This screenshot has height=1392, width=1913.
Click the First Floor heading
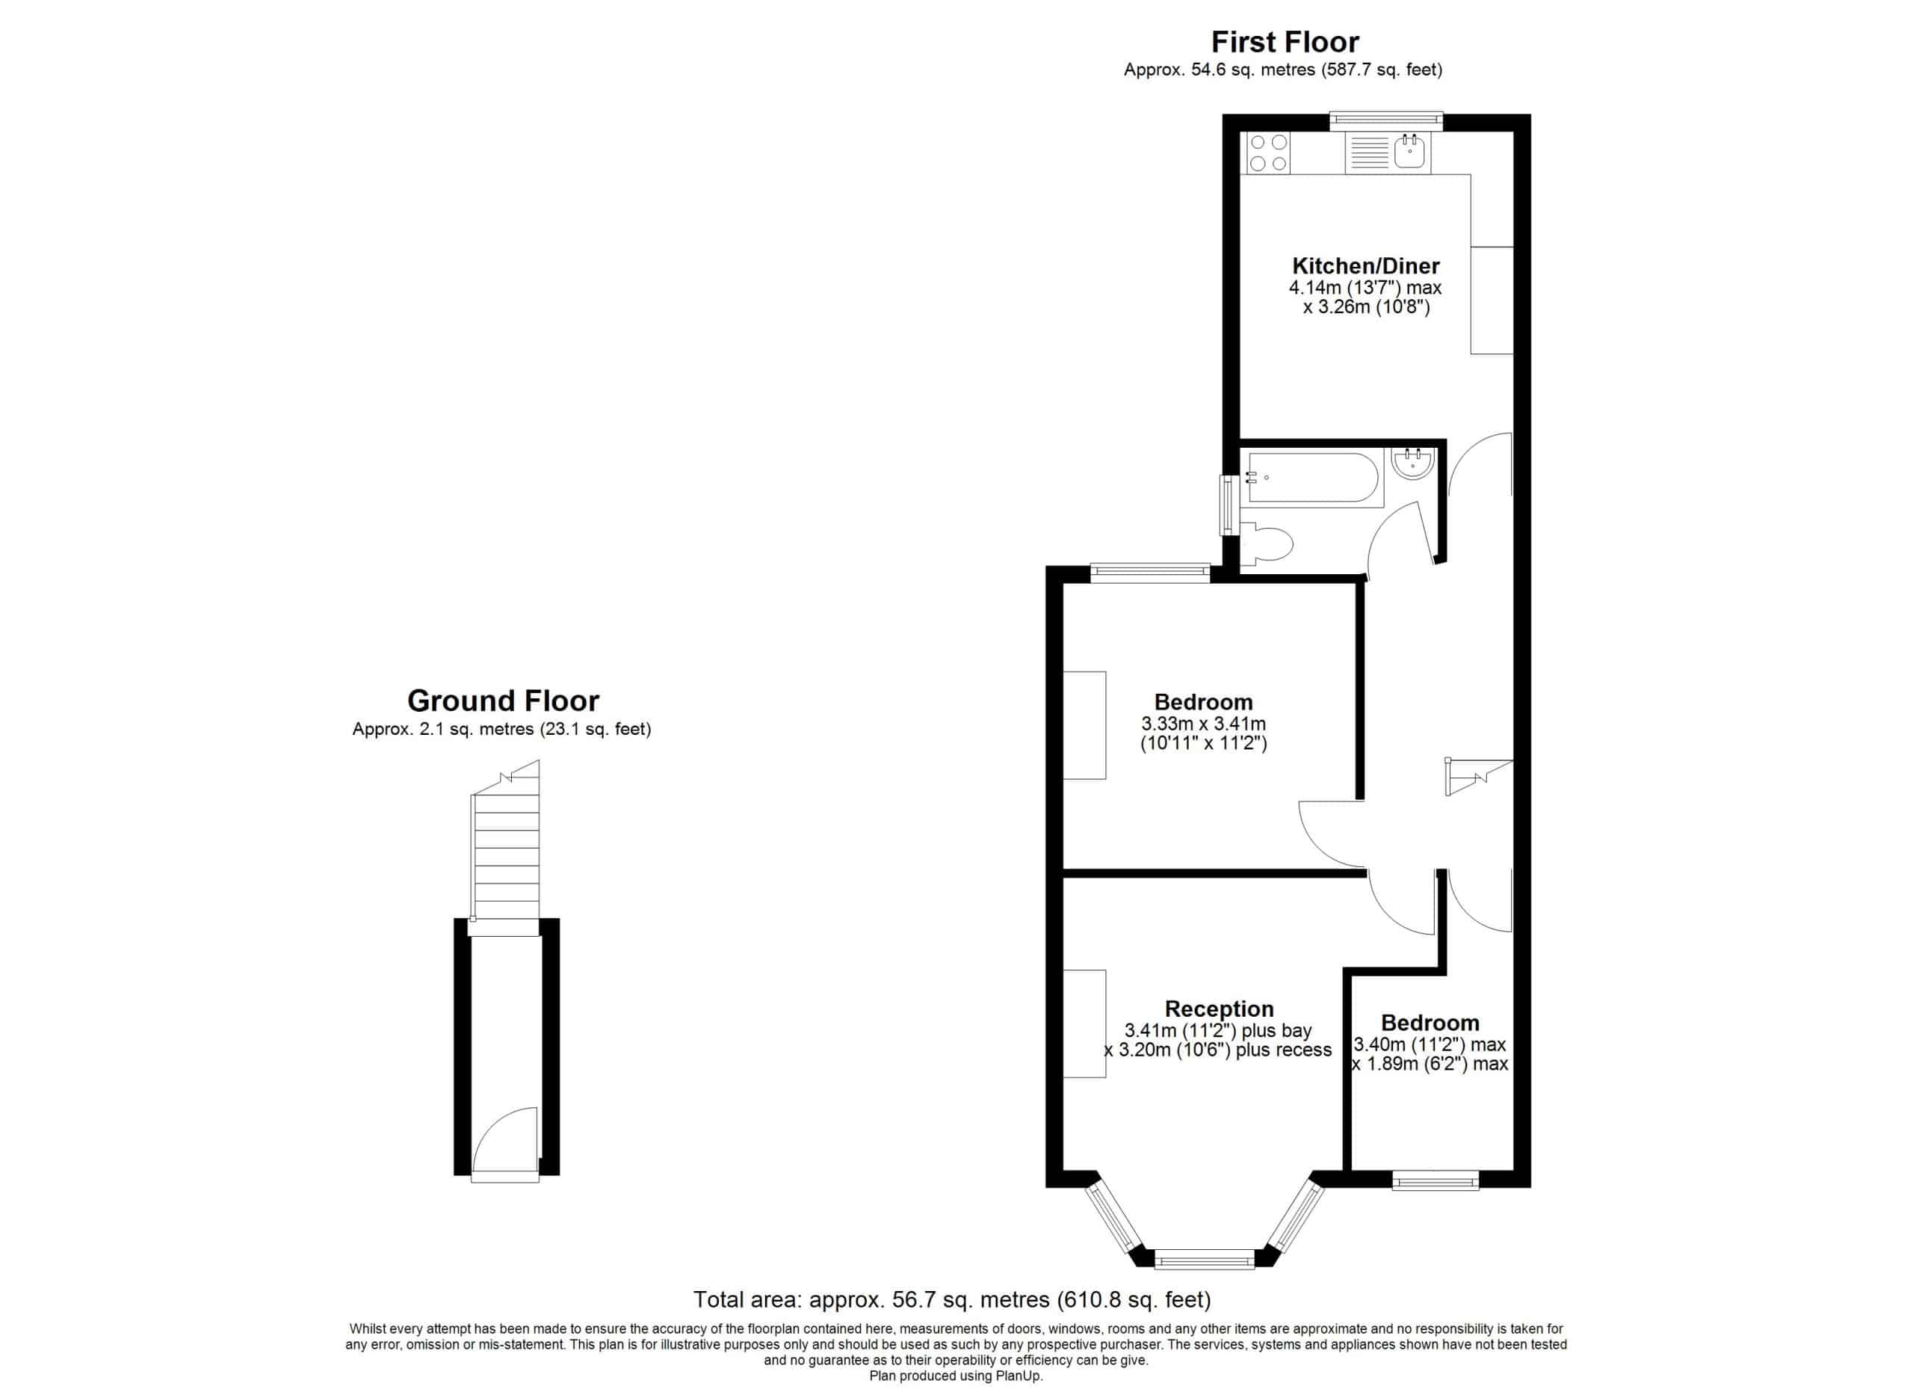pyautogui.click(x=1285, y=42)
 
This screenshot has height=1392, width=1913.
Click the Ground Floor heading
pyautogui.click(x=503, y=701)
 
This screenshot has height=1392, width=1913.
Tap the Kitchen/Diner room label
pyautogui.click(x=1365, y=265)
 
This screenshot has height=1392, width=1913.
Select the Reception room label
pyautogui.click(x=1219, y=1009)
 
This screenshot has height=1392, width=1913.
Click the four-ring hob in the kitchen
pyautogui.click(x=1268, y=153)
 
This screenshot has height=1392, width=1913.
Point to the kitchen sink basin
pyautogui.click(x=1409, y=153)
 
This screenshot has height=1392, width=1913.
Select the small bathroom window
pyautogui.click(x=1231, y=505)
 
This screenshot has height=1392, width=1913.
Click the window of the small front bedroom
pyautogui.click(x=1435, y=1180)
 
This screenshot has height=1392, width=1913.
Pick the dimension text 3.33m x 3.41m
pyautogui.click(x=1204, y=724)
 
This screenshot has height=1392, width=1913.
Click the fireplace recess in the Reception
pyautogui.click(x=1084, y=1024)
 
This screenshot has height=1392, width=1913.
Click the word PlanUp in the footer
pyautogui.click(x=1021, y=1376)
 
